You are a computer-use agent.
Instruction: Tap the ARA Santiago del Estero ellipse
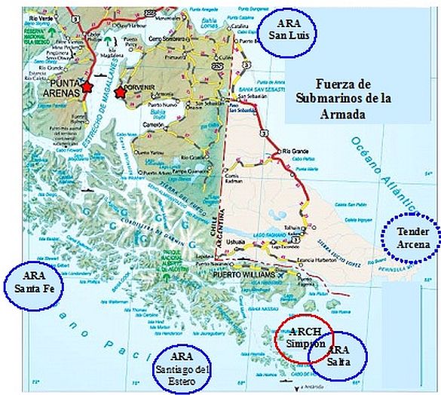click(x=185, y=368)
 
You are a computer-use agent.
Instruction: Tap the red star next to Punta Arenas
click(x=87, y=87)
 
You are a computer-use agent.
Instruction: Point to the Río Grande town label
click(x=296, y=152)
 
